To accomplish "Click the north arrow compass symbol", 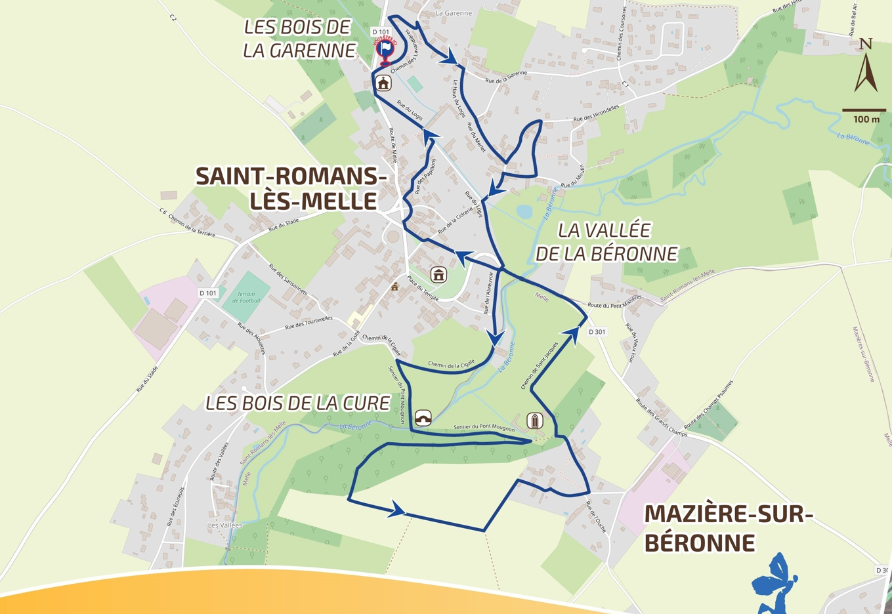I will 866,66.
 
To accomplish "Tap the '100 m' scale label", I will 866,119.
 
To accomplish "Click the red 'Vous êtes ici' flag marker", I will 385,50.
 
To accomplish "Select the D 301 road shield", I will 597,332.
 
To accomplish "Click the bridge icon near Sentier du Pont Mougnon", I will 423,418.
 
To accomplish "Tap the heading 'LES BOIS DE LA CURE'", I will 298,403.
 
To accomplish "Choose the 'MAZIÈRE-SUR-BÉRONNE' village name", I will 727,528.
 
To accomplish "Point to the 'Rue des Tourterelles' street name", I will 309,323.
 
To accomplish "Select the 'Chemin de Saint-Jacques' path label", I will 540,365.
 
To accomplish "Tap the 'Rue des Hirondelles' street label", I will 596,113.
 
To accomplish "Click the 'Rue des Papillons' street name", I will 425,176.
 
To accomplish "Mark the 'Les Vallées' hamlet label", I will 225,525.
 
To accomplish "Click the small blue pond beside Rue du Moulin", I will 524,211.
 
